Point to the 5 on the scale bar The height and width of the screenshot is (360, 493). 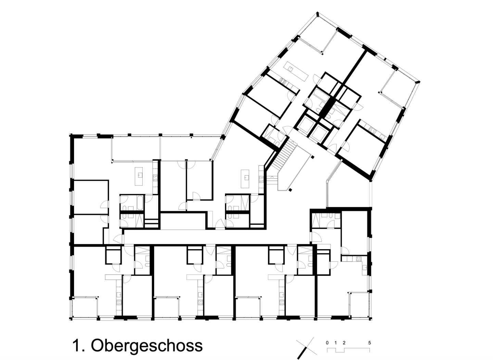369,343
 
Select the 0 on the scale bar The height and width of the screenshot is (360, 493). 327,343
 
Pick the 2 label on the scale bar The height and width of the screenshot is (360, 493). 344,343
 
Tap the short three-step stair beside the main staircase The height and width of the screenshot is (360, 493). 272,179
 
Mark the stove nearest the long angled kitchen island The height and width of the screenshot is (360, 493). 283,82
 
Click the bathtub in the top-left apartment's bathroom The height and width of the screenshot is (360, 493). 140,203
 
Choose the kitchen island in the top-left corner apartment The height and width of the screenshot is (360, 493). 139,176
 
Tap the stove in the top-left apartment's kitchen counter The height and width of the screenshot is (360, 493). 155,178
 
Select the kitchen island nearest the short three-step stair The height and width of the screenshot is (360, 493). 245,179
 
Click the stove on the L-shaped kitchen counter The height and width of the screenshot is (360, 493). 358,259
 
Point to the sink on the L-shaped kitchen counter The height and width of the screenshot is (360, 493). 365,268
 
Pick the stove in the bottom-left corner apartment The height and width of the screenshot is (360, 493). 119,303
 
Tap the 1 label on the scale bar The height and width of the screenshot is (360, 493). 336,343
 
